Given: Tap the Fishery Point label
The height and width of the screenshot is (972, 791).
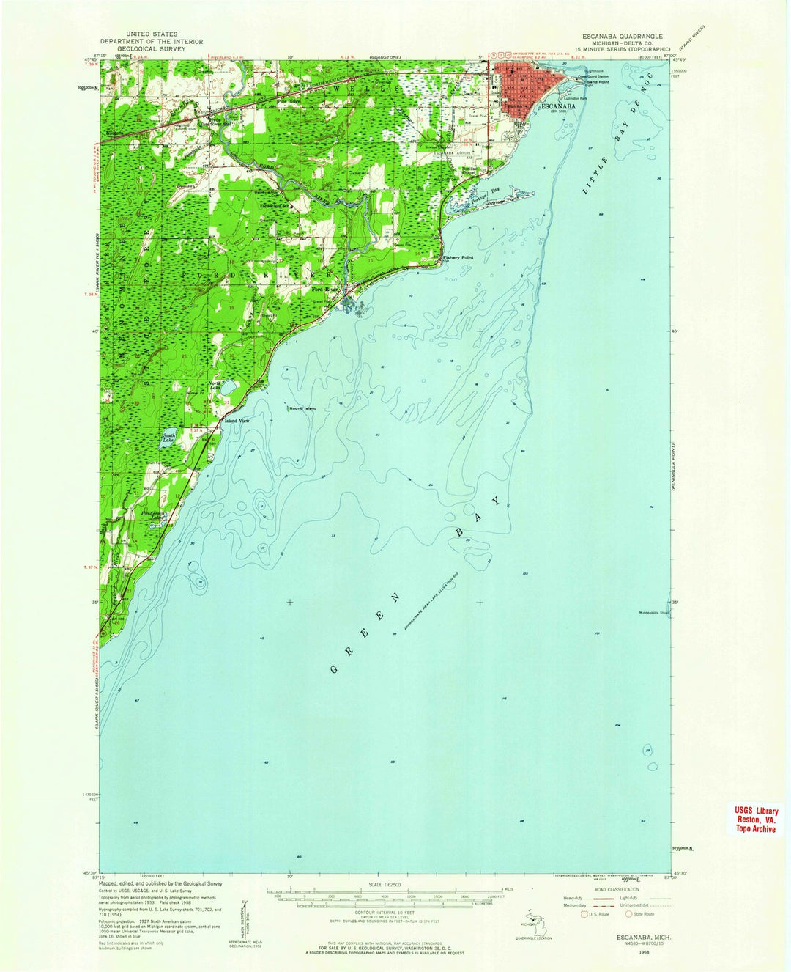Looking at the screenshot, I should [x=458, y=258].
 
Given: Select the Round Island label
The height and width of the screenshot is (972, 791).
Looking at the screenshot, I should [x=301, y=408].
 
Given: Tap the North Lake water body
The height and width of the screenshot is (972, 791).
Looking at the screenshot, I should [x=228, y=386].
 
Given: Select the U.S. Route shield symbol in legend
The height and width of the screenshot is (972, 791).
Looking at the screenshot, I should [x=584, y=914].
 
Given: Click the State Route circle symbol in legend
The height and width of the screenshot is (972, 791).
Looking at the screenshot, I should [x=628, y=914].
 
